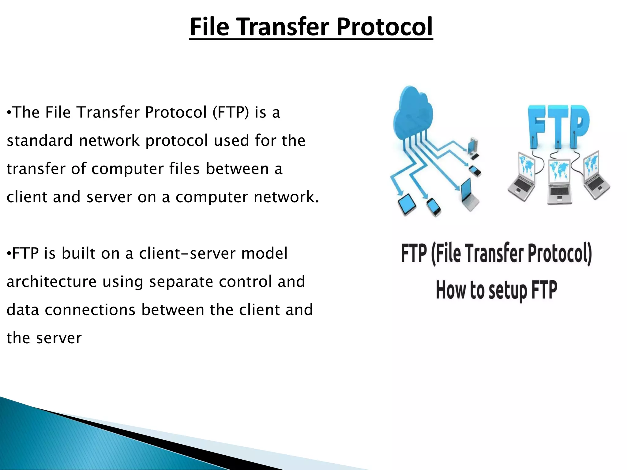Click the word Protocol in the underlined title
pyautogui.click(x=385, y=27)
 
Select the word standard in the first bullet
pyautogui.click(x=39, y=140)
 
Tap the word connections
pyautogui.click(x=90, y=310)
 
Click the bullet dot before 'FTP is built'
pyautogui.click(x=9, y=253)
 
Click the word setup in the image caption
pyautogui.click(x=508, y=291)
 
